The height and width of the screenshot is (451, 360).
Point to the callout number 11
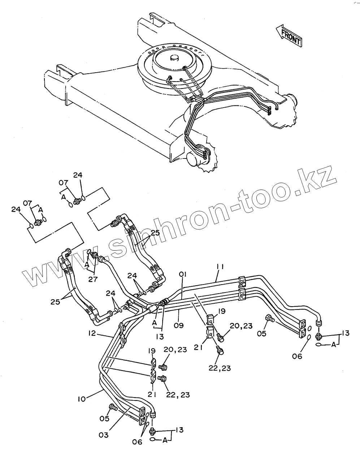click(220, 267)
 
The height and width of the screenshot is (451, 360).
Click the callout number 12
click(92, 333)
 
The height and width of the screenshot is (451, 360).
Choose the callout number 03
click(103, 435)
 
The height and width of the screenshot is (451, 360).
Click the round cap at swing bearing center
click(174, 58)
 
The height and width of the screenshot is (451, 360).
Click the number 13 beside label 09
click(160, 337)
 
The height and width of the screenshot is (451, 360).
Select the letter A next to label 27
click(87, 264)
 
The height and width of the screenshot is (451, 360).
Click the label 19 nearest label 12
click(152, 351)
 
